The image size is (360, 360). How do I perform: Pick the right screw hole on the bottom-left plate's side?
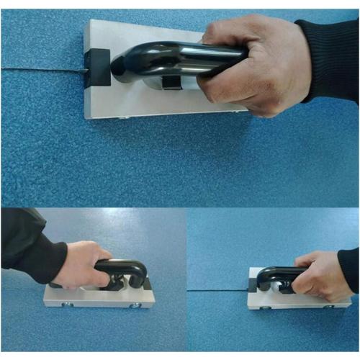[134, 307]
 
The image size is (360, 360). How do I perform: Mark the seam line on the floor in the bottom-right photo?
[216, 290]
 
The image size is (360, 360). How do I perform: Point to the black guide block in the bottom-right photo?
[252, 286]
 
